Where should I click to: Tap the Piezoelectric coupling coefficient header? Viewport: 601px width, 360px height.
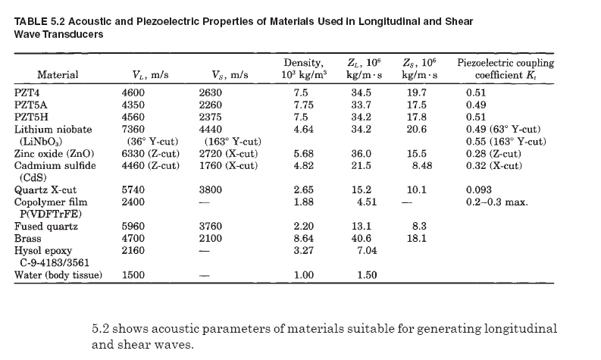[506, 69]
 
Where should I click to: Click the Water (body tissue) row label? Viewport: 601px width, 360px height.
[58, 274]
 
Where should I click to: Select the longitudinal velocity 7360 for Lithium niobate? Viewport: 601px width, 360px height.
[134, 130]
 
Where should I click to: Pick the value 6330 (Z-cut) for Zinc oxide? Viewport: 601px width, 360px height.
[151, 153]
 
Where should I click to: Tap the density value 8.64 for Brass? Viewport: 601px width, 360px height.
[303, 237]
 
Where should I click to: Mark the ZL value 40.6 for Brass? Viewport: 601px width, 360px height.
[368, 237]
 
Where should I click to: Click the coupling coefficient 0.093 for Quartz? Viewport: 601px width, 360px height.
[478, 190]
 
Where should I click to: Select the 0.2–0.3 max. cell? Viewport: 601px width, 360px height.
[497, 202]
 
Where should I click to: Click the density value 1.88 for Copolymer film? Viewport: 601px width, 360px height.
[303, 202]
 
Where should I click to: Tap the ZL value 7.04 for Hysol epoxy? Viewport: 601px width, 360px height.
[368, 249]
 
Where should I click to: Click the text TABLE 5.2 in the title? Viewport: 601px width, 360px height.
[39, 21]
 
